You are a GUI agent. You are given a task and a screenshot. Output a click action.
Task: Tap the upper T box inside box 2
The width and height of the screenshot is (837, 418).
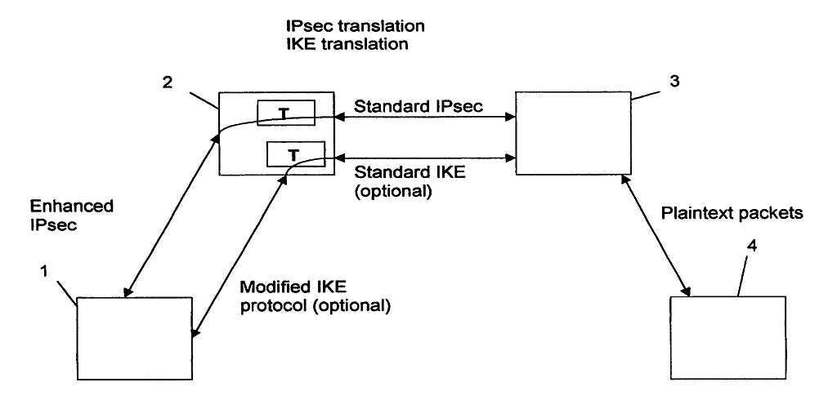point(284,113)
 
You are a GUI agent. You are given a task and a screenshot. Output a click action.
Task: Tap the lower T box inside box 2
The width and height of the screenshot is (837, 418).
point(295,153)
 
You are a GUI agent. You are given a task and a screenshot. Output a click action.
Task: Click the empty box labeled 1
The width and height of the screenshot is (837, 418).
point(134,338)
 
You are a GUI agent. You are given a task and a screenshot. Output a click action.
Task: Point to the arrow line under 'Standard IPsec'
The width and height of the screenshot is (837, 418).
point(425,118)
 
